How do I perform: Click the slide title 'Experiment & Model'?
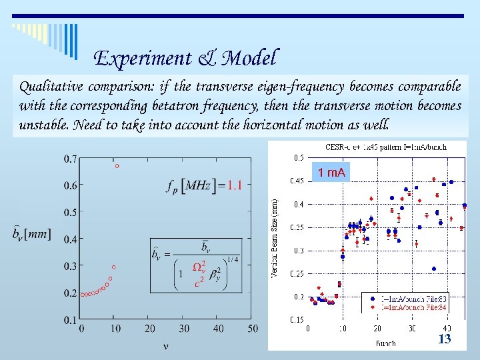point(185,59)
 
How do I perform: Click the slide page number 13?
point(444,339)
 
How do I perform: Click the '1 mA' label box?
point(331,173)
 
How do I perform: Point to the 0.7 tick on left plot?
point(70,159)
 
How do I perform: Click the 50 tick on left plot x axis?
point(252,329)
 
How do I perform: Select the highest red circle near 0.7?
point(117,166)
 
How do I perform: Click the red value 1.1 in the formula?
point(234,186)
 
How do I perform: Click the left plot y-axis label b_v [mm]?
point(31,235)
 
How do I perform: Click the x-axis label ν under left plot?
point(165,345)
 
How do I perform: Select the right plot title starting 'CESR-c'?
point(385,147)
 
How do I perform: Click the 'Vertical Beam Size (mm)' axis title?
point(274,236)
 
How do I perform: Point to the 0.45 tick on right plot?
point(296,181)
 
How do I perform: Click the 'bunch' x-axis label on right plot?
point(385,343)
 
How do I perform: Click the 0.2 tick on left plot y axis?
point(70,293)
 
